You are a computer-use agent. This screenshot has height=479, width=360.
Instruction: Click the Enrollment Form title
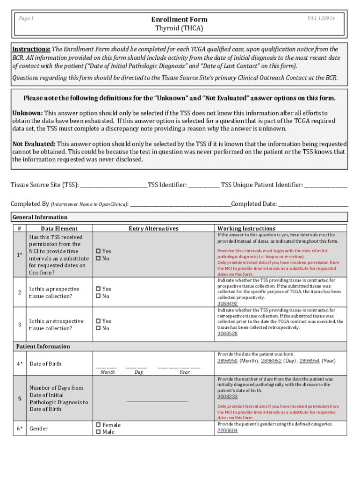[x=179, y=19]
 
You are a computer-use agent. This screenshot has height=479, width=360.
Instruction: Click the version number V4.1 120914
[x=321, y=18]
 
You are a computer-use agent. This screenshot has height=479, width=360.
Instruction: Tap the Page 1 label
[x=26, y=18]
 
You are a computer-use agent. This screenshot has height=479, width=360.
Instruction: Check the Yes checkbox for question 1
[x=98, y=251]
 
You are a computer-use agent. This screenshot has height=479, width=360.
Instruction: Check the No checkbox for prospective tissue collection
[x=98, y=296]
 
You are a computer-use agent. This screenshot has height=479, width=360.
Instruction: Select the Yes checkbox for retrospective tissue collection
[x=98, y=321]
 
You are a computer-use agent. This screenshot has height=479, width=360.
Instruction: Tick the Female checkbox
[x=98, y=425]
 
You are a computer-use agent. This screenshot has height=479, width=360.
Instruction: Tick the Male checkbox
[x=98, y=432]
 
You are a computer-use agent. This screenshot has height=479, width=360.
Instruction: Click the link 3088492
[x=227, y=304]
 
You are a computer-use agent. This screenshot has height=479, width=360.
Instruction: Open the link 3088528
[x=227, y=334]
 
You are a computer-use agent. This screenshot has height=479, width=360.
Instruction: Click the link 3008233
[x=227, y=397]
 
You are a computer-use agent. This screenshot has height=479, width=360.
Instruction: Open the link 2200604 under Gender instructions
[x=227, y=430]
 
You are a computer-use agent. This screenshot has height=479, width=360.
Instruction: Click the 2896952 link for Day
[x=271, y=361]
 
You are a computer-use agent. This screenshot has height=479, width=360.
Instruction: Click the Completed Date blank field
[x=313, y=204]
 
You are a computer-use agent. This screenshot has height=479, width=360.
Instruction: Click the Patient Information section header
[x=43, y=347]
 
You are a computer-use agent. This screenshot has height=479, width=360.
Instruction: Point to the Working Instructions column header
[x=246, y=228]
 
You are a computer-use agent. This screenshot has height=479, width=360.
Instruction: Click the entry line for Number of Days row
[x=157, y=400]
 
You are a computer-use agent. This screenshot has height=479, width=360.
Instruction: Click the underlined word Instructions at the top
[x=31, y=49]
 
